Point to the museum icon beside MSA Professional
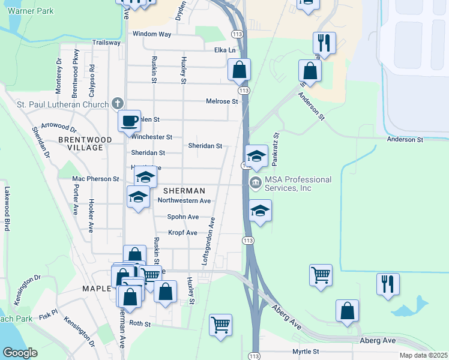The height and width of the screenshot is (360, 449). pos(255,182)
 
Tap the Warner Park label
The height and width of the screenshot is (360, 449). pos(31,11)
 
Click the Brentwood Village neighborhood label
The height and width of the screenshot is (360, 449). pos(86,143)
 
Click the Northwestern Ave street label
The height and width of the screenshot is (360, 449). pos(184,201)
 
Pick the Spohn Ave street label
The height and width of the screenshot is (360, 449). pos(183,217)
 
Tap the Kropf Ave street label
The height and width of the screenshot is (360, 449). pos(182,232)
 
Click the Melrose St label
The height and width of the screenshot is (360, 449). pos(222,102)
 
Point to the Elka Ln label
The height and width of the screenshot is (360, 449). pos(225,50)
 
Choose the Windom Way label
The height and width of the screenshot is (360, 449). pos(152,34)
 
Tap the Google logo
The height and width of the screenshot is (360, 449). pos(20,353)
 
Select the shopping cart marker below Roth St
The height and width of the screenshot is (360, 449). pos(220,325)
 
